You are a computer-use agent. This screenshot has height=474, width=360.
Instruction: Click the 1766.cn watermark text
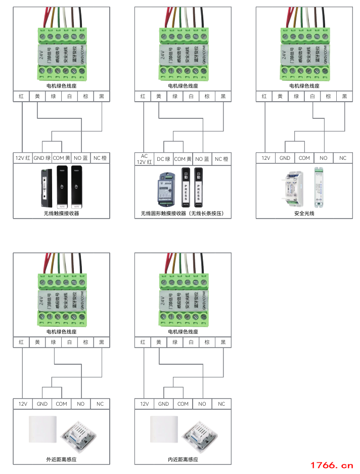tap(332, 465)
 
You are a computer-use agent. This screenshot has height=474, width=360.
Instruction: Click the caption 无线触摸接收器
tap(61, 213)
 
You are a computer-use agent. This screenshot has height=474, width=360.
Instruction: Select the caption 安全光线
tap(304, 213)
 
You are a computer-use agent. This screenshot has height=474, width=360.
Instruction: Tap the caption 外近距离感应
tap(61, 459)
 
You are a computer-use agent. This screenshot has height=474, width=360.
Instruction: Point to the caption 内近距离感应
tap(183, 459)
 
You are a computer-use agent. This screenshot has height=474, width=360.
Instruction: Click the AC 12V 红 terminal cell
tap(144, 159)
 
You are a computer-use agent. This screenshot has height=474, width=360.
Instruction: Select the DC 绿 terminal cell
tap(163, 159)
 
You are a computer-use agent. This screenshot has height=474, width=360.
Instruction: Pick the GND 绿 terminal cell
tap(42, 158)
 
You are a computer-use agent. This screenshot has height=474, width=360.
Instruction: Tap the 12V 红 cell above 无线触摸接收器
tap(23, 158)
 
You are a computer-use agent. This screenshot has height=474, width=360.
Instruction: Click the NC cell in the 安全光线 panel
tap(343, 158)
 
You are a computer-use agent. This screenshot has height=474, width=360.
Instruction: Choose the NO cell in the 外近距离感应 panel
tap(81, 404)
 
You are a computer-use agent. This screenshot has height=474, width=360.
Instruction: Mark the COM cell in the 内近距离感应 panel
tap(183, 404)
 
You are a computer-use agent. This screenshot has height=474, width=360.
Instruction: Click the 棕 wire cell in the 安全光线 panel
tap(329, 97)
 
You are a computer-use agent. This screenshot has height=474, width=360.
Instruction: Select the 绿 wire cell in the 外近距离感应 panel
tap(54, 342)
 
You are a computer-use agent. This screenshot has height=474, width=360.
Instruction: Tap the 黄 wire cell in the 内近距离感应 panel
tap(159, 342)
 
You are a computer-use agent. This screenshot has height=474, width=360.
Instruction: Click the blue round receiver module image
tap(167, 187)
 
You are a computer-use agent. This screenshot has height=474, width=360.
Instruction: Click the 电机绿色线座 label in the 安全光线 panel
tap(304, 86)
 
